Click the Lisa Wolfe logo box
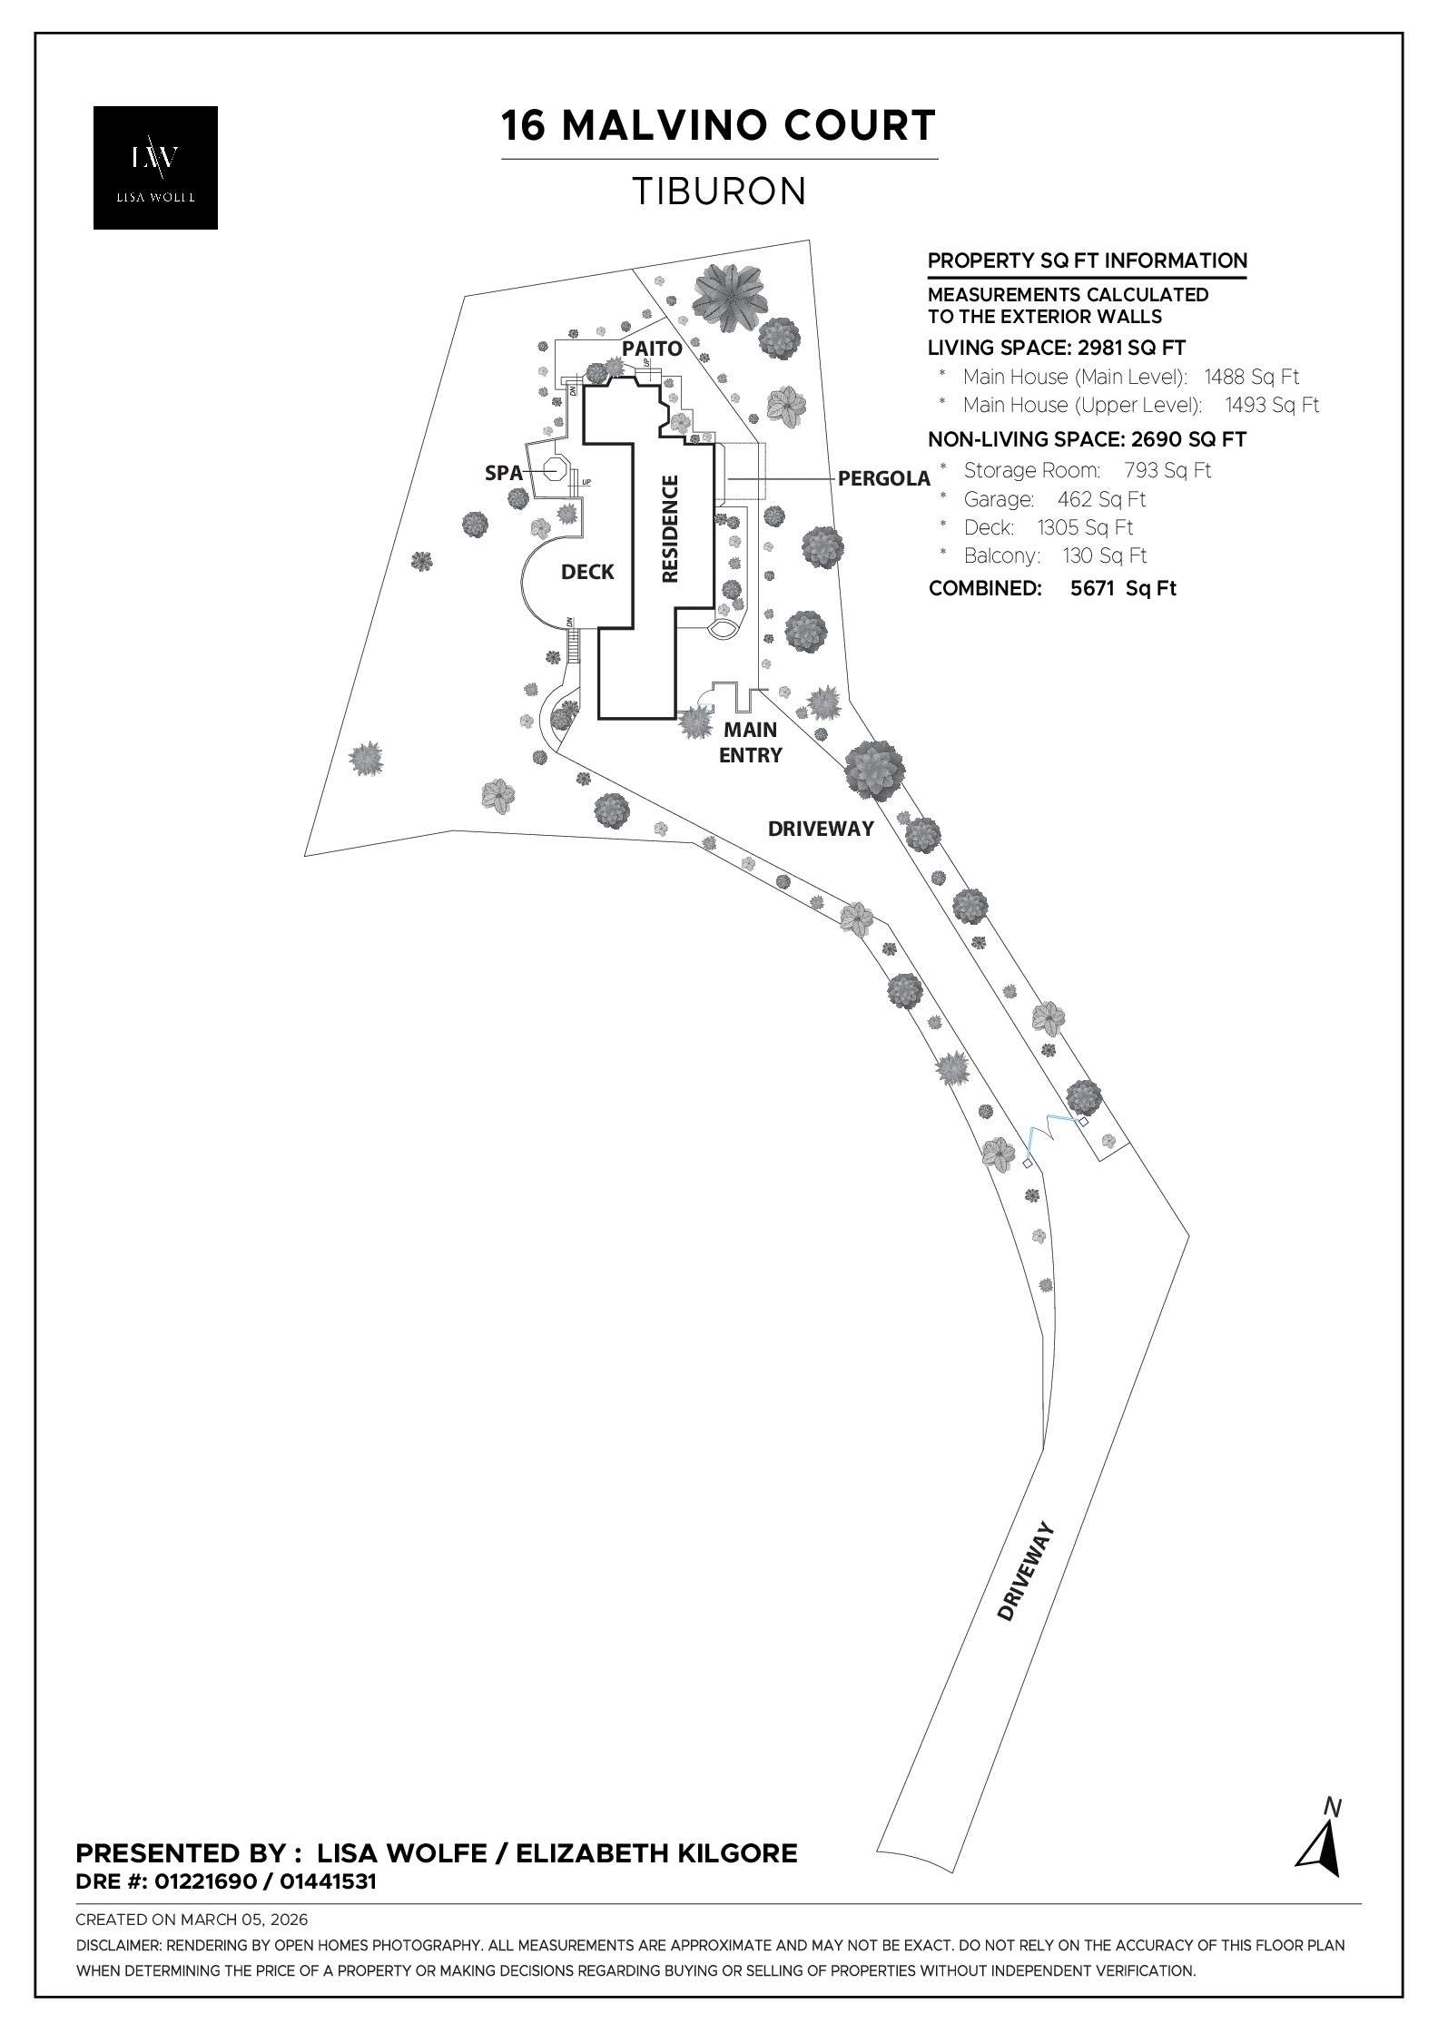pos(155,167)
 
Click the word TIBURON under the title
pos(718,192)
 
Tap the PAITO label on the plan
pos(651,349)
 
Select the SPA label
pos(504,473)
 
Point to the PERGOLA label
pos(883,478)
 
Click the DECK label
pos(587,572)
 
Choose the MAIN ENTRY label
pos(750,742)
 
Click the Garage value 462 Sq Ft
pos(1101,499)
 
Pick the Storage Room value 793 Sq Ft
pos(1167,470)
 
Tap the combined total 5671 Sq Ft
pos(1122,588)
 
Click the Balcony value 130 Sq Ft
pos(1104,555)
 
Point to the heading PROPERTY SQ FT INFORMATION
pos(1087,261)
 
